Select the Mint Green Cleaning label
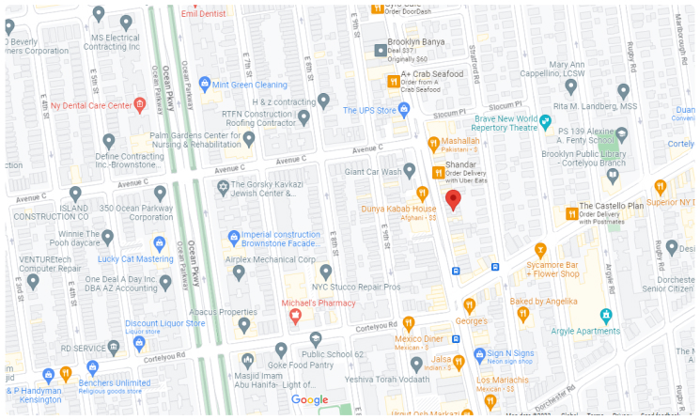(250, 85)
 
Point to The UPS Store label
(370, 110)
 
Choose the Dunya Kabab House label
(399, 208)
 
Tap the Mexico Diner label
(418, 338)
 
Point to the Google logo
(309, 399)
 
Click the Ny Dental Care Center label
(91, 105)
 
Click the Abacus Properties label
(224, 312)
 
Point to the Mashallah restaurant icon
(433, 145)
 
